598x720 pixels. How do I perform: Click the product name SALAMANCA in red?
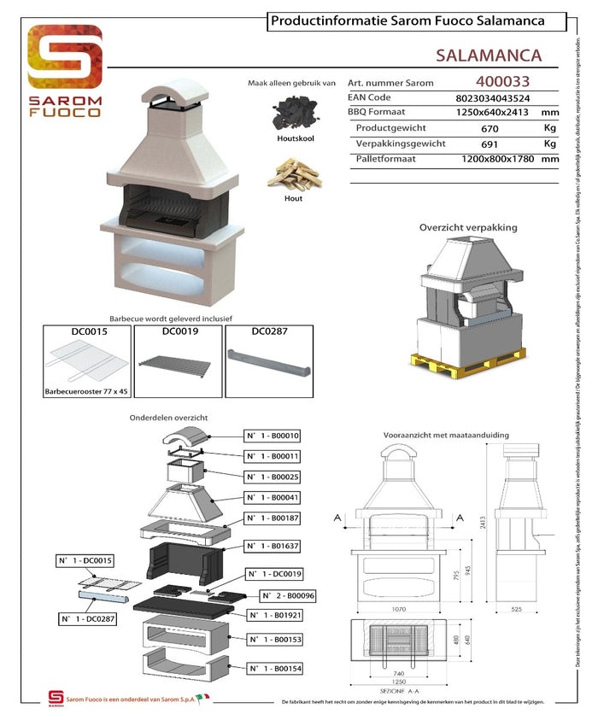488,56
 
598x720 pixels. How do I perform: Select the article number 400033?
502,82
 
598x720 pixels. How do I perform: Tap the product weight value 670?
490,128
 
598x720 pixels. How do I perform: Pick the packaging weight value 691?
490,143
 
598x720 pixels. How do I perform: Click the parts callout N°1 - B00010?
273,436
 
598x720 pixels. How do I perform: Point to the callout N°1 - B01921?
273,615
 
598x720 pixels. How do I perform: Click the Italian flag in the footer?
202,699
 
